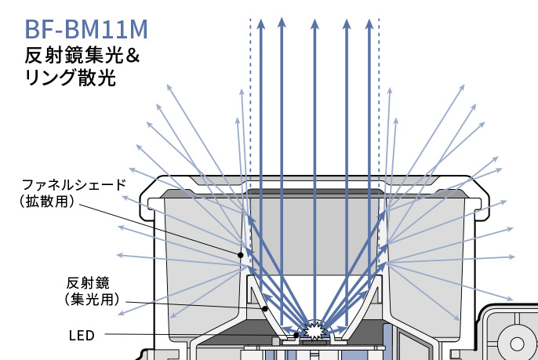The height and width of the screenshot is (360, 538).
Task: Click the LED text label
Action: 81,336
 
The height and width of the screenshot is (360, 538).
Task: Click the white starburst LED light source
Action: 314,330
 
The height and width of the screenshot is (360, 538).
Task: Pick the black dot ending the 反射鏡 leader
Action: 266,309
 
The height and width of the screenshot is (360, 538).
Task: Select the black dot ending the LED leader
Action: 296,336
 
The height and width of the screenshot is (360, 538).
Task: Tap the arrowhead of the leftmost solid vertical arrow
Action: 261,24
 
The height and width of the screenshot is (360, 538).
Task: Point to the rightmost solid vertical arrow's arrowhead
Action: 368,24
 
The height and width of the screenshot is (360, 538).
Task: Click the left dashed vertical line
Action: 250,118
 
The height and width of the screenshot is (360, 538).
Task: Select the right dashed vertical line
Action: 379,118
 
